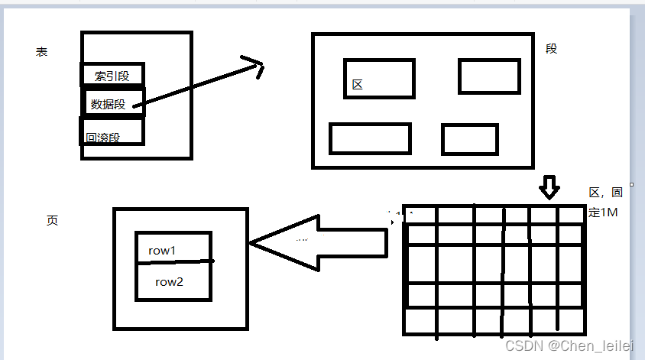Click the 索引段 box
(x=112, y=75)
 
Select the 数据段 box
(x=113, y=103)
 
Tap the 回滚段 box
(x=111, y=132)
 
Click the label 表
(x=41, y=52)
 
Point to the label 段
(x=552, y=48)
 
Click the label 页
(x=52, y=220)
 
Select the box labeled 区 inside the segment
(x=379, y=79)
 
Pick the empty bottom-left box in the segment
(x=370, y=138)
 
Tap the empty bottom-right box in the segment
(x=469, y=139)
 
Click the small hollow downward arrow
(x=549, y=187)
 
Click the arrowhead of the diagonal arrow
(x=254, y=67)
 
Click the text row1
(x=162, y=250)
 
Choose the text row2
(x=169, y=281)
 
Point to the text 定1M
(x=603, y=213)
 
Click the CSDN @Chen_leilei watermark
(x=570, y=346)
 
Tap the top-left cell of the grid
(x=420, y=215)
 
